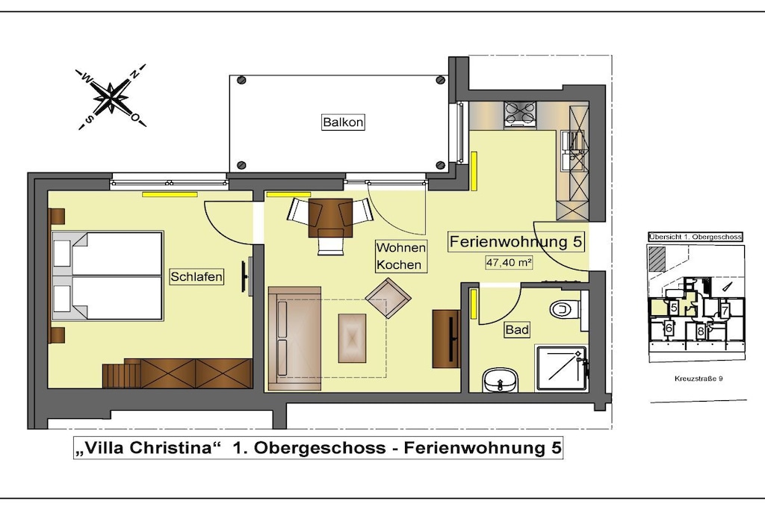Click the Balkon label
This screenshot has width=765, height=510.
343,122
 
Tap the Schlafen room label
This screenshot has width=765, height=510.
196,276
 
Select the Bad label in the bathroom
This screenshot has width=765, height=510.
517,330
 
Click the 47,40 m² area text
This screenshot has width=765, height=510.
508,262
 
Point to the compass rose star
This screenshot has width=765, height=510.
111,96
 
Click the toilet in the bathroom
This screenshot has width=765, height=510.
566,308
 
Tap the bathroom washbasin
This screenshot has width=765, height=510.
500,379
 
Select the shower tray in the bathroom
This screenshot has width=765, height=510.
561,368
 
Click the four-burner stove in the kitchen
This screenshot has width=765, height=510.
520,114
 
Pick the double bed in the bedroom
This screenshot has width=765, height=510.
108,276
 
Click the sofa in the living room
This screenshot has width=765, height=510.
294,338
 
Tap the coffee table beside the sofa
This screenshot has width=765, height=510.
353,338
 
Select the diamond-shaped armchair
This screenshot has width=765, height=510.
388,298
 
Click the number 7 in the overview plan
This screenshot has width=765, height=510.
725,311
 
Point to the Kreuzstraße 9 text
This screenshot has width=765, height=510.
699,379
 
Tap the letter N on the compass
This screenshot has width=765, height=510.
134,73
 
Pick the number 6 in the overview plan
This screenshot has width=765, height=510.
669,328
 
